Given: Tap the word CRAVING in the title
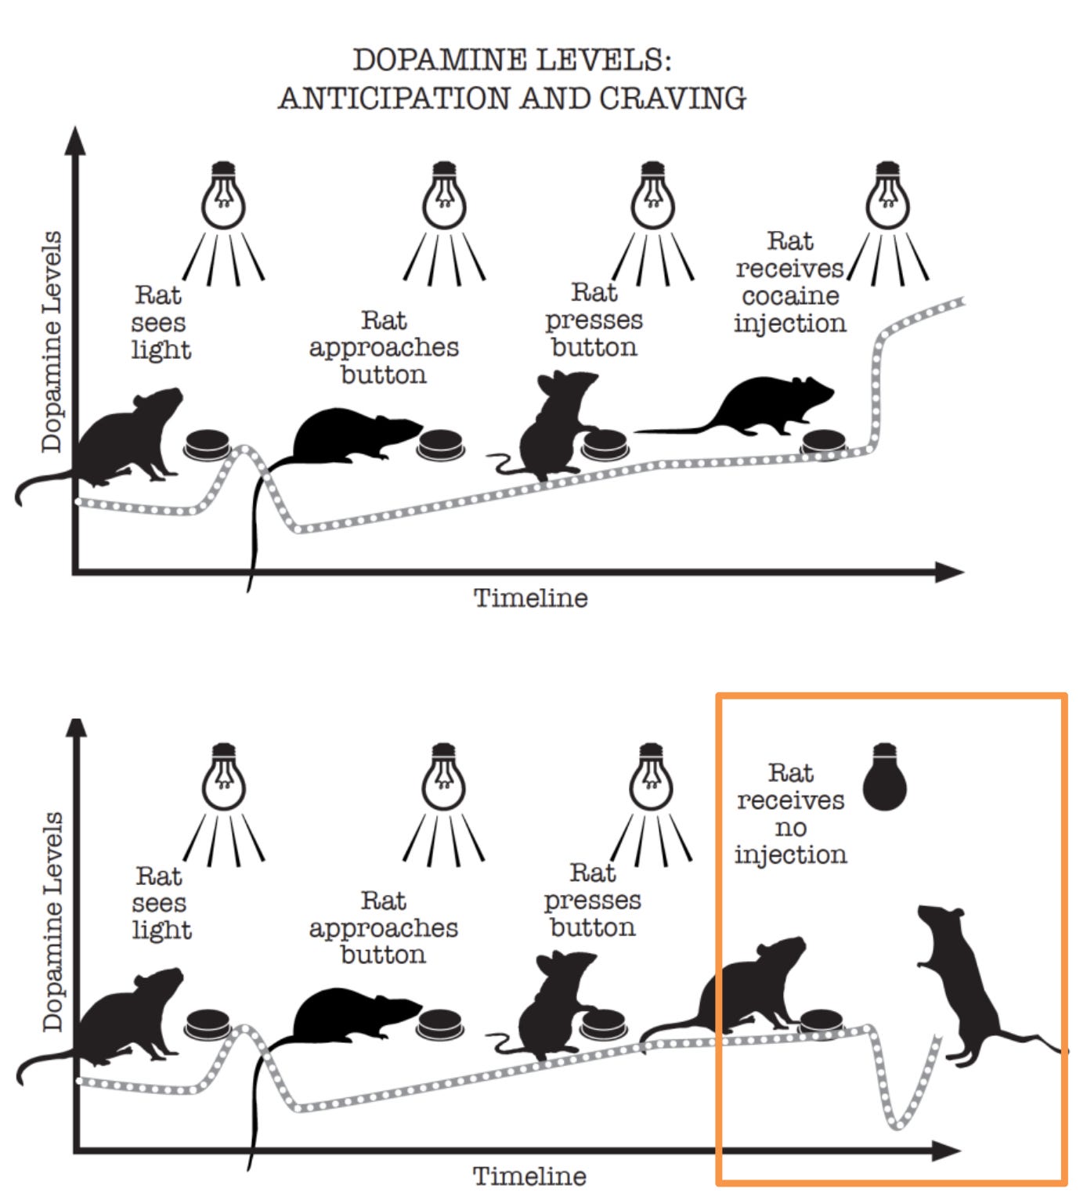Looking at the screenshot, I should pos(672,99).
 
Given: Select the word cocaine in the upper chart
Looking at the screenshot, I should pos(790,296).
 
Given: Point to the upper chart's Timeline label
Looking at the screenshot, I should pos(530,598).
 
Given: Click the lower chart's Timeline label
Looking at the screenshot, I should pos(529,1176).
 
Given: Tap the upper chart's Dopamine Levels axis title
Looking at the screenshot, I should pos(52,341).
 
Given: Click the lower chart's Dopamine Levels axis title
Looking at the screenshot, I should pos(52,921).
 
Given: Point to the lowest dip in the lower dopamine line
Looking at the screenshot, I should pos(897,1126).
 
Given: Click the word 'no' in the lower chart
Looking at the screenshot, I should pos(790,827).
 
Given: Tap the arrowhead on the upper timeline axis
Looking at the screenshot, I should pos(949,573).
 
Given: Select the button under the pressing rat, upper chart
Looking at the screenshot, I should pos(605,444).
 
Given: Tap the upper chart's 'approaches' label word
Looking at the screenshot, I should pos(384,347).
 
